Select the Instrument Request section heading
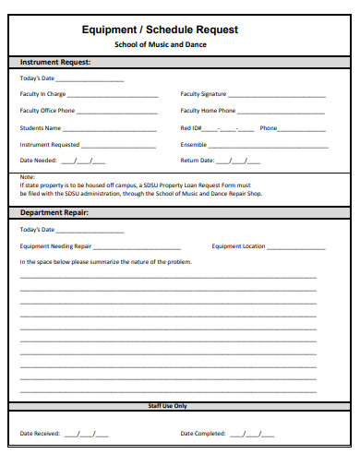tap(54, 63)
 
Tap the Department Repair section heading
tap(54, 213)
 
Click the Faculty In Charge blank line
tap(112, 95)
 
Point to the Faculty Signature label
tap(203, 94)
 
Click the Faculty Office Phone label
tap(47, 111)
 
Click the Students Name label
tap(41, 128)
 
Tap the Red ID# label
tap(192, 128)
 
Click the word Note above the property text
tap(27, 175)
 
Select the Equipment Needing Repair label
tap(55, 246)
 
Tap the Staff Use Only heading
tap(167, 405)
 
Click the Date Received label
tap(40, 434)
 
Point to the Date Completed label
tap(202, 434)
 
